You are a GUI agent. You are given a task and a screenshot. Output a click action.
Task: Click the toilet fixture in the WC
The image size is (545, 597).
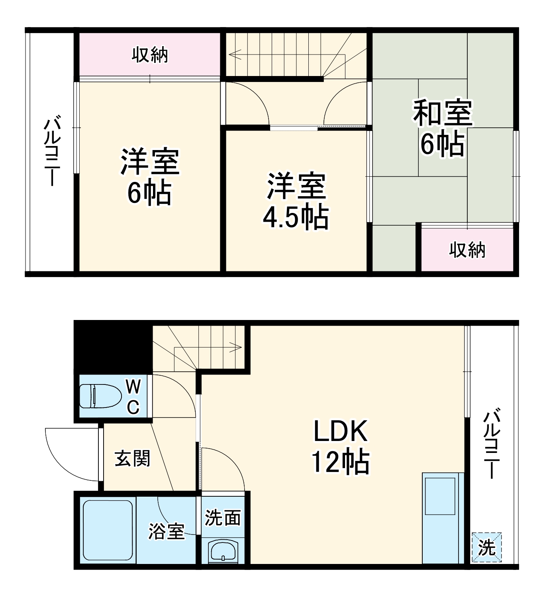(100, 396)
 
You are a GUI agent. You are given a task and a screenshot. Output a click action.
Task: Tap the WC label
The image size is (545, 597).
(133, 396)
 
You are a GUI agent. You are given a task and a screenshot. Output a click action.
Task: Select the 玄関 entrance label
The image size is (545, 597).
(132, 458)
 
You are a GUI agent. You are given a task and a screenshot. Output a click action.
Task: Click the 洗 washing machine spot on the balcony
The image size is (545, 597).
(486, 548)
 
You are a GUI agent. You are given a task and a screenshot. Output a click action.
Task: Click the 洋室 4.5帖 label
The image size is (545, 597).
(296, 201)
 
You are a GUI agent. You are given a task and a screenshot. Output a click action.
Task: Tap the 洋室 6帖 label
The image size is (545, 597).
(150, 176)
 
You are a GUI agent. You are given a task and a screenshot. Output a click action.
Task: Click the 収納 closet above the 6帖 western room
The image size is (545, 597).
(150, 55)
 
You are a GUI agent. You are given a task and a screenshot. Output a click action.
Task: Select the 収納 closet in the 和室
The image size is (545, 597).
(467, 250)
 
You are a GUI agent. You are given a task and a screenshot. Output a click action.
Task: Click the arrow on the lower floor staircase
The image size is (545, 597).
(236, 347)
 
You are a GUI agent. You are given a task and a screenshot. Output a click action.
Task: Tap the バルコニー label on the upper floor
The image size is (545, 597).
(52, 151)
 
